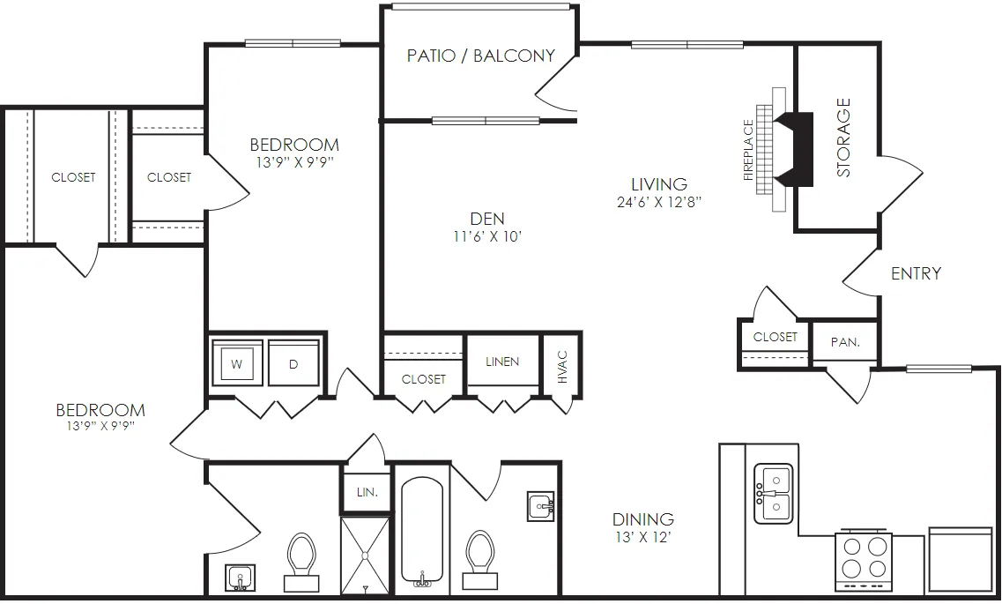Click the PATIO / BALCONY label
[480, 56]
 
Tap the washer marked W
[237, 363]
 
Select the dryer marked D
[293, 363]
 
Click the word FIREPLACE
[749, 151]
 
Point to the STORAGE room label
[843, 138]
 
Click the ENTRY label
[916, 273]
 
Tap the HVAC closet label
[562, 367]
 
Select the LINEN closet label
[502, 362]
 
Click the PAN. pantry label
[845, 343]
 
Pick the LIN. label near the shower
[367, 492]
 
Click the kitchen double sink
[773, 494]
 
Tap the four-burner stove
[864, 560]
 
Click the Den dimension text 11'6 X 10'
[488, 237]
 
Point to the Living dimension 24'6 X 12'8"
[659, 203]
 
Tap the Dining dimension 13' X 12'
[642, 538]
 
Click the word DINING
[642, 519]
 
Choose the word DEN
[487, 220]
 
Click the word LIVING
[659, 184]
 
